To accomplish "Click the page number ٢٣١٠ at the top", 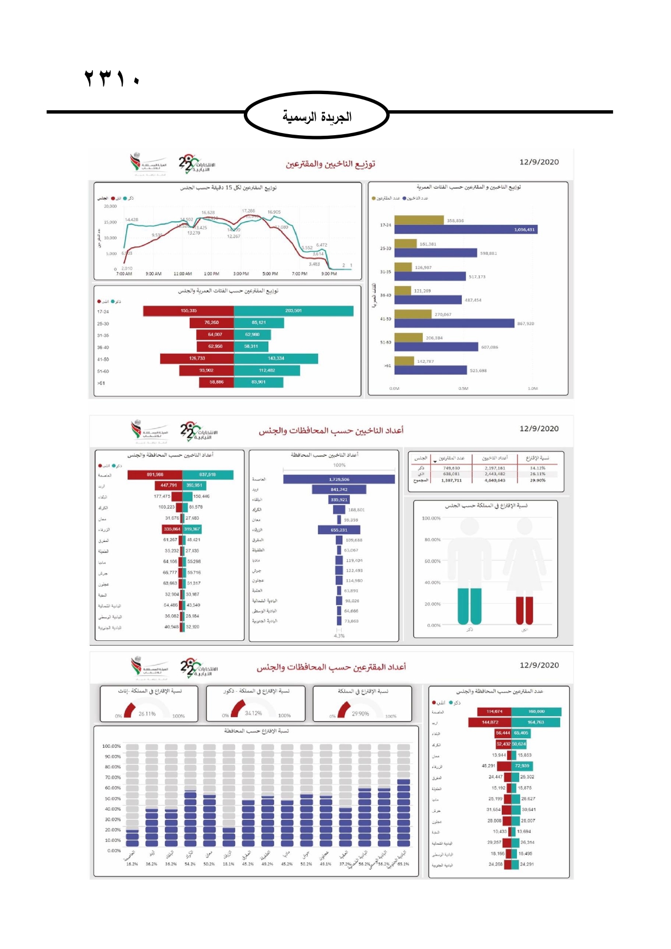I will pyautogui.click(x=112, y=78).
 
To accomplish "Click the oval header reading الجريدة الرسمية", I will pyautogui.click(x=317, y=115).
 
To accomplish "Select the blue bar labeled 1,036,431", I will pyautogui.click(x=466, y=229).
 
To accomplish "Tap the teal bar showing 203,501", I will pyautogui.click(x=294, y=311).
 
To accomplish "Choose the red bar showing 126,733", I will pyautogui.click(x=197, y=359).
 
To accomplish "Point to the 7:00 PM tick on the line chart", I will pyautogui.click(x=300, y=274).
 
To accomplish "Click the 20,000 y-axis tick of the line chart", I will pyautogui.click(x=110, y=206).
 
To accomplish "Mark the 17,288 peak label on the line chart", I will pyautogui.click(x=248, y=211).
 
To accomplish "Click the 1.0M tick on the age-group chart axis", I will pyautogui.click(x=533, y=388).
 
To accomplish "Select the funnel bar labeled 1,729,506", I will pyautogui.click(x=339, y=479).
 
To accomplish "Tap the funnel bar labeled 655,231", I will pyautogui.click(x=339, y=530).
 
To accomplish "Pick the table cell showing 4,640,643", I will pyautogui.click(x=495, y=480).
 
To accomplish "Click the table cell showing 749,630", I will pyautogui.click(x=451, y=468).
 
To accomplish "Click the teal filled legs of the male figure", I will pyautogui.click(x=469, y=606).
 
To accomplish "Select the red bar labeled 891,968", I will pyautogui.click(x=155, y=475).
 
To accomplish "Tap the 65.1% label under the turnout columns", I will pyautogui.click(x=403, y=864).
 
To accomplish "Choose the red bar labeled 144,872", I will pyautogui.click(x=490, y=722).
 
